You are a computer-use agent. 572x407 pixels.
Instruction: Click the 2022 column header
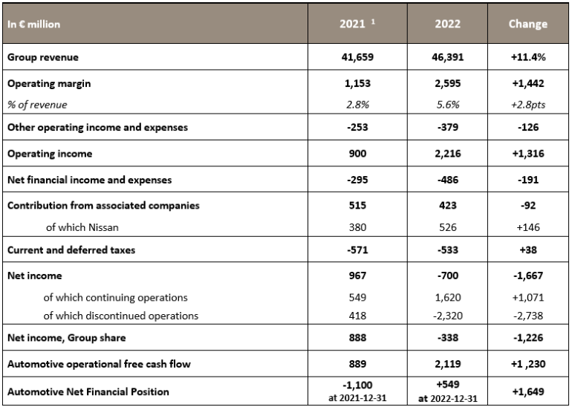coord(447,24)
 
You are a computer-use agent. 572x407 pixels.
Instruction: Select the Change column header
coord(527,24)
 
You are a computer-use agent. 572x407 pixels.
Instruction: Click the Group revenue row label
coord(42,56)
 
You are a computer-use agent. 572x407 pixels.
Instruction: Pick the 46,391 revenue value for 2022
coord(447,56)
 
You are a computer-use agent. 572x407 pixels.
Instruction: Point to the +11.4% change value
coord(527,56)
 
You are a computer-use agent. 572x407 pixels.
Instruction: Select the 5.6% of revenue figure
coord(447,105)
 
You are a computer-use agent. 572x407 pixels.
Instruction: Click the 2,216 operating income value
coord(447,153)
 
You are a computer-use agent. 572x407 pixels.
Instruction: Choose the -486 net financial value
coord(447,180)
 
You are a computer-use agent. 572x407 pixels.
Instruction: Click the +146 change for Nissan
coord(527,227)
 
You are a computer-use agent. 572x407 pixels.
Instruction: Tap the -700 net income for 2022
coord(447,276)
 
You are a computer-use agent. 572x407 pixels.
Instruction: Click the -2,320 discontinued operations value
coord(447,316)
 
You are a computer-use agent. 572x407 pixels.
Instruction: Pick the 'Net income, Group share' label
coord(66,338)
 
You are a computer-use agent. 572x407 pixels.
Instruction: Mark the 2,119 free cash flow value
coord(447,364)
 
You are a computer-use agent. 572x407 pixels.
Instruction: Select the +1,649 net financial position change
coord(527,391)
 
